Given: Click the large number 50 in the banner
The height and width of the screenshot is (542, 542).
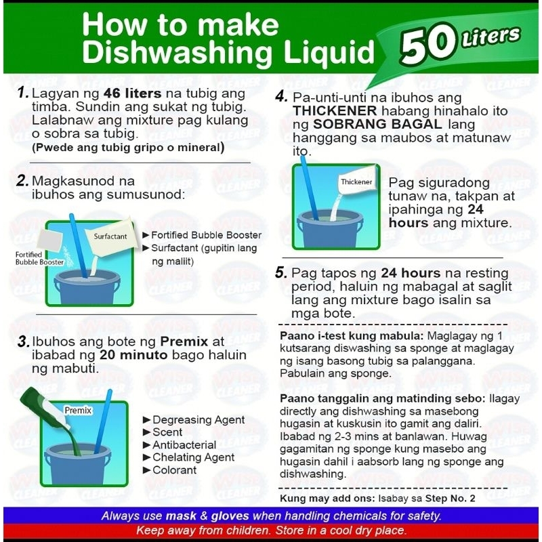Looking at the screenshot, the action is (x=428, y=45).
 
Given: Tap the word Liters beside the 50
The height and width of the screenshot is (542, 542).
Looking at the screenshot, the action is (x=491, y=37).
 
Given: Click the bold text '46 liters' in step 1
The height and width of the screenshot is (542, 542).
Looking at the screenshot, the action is (x=132, y=93).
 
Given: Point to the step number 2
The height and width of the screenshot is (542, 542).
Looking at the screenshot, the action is (x=22, y=181).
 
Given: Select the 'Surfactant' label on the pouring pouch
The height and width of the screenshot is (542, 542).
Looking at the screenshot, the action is (x=110, y=236).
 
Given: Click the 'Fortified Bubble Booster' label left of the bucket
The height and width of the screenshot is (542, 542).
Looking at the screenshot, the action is (x=39, y=258).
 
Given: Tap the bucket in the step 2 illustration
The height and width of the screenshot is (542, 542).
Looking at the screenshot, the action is (x=87, y=287).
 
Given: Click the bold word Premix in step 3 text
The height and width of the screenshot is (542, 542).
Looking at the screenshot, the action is (x=184, y=341).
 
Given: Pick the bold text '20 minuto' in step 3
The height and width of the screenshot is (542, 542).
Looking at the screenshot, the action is (x=133, y=355).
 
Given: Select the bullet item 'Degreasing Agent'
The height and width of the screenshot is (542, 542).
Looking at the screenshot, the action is (x=199, y=419).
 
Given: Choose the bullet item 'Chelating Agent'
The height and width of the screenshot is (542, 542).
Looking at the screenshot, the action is (x=193, y=457).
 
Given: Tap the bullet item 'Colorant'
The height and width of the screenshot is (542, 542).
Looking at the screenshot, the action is (x=174, y=470).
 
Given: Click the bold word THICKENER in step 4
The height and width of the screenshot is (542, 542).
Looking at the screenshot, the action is (x=335, y=111).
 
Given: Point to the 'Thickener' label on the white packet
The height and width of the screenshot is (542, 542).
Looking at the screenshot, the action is (x=356, y=182).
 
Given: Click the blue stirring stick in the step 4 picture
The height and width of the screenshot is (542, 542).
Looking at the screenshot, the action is (x=309, y=188).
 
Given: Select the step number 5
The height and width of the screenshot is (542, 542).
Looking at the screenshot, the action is (x=281, y=273).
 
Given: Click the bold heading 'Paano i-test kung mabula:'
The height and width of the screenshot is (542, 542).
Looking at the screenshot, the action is (x=352, y=336).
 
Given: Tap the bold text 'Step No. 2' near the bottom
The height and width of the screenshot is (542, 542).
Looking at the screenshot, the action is (x=450, y=499).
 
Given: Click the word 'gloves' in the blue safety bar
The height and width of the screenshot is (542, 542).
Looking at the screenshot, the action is (x=230, y=516).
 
